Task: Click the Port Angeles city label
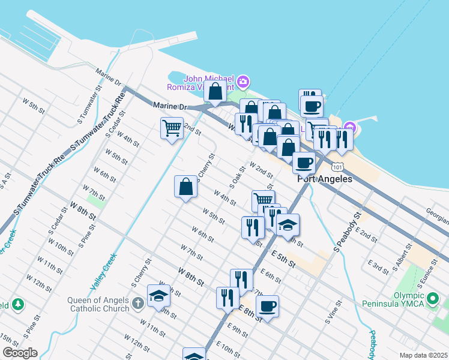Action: [x=325, y=179]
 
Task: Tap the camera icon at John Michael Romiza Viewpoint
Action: [x=243, y=81]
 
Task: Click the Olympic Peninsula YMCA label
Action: [x=400, y=299]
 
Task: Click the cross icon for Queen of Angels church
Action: [x=138, y=302]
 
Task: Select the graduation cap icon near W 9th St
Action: [x=159, y=296]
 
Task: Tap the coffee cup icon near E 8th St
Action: [x=267, y=306]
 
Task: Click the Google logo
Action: [x=19, y=353]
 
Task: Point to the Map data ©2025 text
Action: [x=423, y=355]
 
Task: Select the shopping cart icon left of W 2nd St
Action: [x=172, y=127]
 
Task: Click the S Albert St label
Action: [x=400, y=256]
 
